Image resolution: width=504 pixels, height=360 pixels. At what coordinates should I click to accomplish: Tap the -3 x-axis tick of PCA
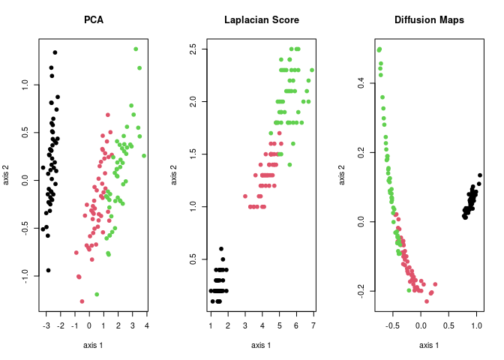(x=46, y=325)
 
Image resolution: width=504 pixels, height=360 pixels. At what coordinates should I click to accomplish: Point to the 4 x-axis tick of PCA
(x=146, y=325)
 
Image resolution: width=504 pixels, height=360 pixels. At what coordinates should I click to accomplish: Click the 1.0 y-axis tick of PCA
(x=25, y=85)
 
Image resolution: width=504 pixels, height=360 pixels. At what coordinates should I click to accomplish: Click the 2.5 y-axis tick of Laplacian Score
(x=193, y=49)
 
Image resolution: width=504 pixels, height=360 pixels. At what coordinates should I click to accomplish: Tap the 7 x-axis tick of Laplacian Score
(x=313, y=325)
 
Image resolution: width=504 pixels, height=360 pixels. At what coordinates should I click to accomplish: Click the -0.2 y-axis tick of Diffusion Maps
(x=361, y=290)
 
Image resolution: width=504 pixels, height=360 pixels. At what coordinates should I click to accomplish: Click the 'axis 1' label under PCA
(x=93, y=345)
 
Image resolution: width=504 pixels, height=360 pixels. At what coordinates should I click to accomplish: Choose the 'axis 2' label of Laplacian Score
(x=173, y=174)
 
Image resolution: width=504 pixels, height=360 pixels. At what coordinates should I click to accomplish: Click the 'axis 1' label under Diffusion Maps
(x=428, y=345)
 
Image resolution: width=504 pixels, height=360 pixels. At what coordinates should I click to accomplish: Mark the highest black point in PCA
(x=55, y=52)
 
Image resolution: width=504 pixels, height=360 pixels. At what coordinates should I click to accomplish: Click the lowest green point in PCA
(x=97, y=294)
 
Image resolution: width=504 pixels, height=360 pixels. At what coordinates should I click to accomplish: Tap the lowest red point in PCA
(x=82, y=301)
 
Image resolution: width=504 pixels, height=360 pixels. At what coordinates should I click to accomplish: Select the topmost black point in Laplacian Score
(x=221, y=249)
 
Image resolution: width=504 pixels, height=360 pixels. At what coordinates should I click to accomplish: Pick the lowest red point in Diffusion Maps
(x=426, y=301)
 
